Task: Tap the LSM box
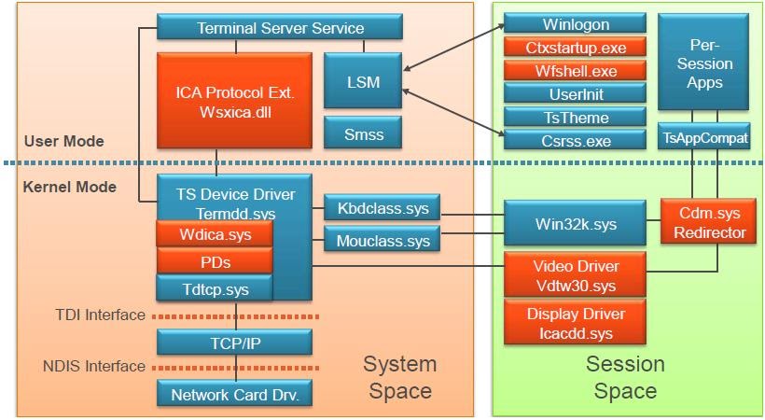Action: pos(363,82)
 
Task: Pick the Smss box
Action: pos(363,133)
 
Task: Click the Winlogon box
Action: pos(575,23)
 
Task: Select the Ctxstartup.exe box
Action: pos(575,47)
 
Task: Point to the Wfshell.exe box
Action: pos(575,70)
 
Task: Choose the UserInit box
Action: pos(575,93)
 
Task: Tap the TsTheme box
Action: pos(575,117)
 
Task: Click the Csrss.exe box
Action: pos(575,141)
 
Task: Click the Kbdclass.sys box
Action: pos(382,208)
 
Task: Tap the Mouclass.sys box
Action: pos(382,241)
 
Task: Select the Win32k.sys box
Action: pos(575,224)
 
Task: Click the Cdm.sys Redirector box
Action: pos(712,222)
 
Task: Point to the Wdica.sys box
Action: pos(215,233)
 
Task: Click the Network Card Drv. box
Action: pos(234,394)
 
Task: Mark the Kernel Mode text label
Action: pos(70,187)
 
